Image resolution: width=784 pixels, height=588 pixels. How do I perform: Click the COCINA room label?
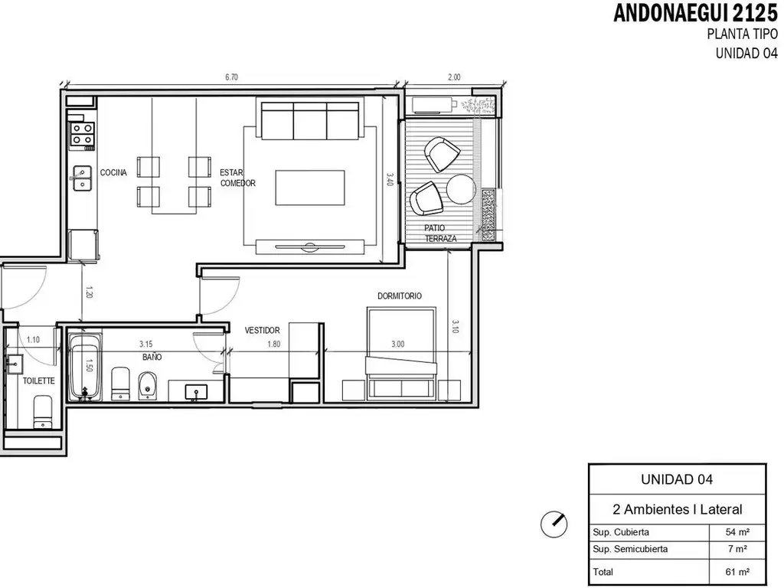pyautogui.click(x=113, y=172)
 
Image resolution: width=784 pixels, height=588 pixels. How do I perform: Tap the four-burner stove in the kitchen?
pyautogui.click(x=83, y=134)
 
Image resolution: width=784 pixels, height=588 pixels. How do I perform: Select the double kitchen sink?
pyautogui.click(x=81, y=178)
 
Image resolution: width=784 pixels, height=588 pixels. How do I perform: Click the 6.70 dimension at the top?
pyautogui.click(x=231, y=77)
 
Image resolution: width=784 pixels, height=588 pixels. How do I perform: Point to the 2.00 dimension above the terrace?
pyautogui.click(x=454, y=77)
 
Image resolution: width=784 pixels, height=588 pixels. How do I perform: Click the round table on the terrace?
pyautogui.click(x=461, y=188)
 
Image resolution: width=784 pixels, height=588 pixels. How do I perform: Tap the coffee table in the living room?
pyautogui.click(x=310, y=188)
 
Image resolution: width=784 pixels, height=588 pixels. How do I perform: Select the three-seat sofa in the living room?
pyautogui.click(x=310, y=120)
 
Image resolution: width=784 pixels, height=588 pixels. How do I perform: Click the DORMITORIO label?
pyautogui.click(x=400, y=296)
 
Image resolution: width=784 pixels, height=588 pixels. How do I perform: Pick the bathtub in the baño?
pyautogui.click(x=85, y=367)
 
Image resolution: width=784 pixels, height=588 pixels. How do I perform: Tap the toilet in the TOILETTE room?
pyautogui.click(x=43, y=412)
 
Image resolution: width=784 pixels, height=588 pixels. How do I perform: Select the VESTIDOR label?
pyautogui.click(x=262, y=331)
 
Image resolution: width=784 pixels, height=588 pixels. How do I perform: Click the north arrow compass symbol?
pyautogui.click(x=554, y=524)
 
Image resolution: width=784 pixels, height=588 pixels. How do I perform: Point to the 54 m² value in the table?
pyautogui.click(x=737, y=532)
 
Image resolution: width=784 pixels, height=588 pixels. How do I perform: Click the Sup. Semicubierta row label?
pyautogui.click(x=630, y=549)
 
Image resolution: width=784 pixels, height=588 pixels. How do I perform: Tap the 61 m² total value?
pyautogui.click(x=737, y=571)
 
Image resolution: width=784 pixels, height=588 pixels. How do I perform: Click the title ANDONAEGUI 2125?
pyautogui.click(x=695, y=14)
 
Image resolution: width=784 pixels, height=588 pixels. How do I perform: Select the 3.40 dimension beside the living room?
pyautogui.click(x=390, y=179)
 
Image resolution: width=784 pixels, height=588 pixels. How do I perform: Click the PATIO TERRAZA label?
pyautogui.click(x=440, y=234)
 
